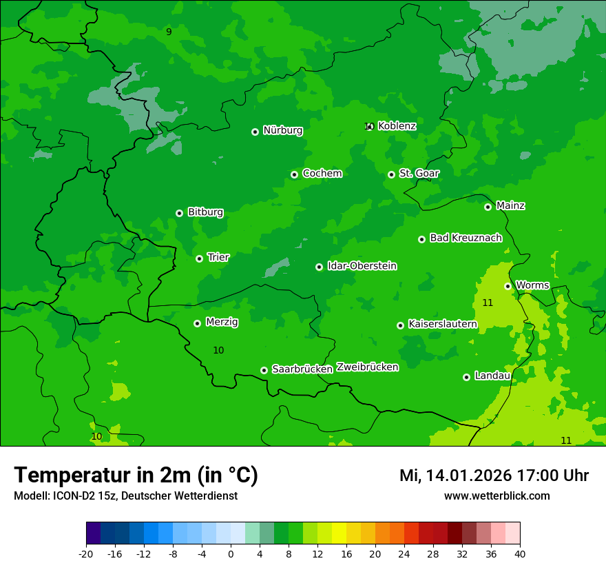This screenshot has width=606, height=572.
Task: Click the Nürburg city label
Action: click(x=282, y=130)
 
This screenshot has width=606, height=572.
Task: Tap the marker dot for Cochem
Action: click(x=294, y=174)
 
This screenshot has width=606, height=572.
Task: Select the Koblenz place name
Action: click(x=397, y=125)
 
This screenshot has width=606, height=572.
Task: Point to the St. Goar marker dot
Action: click(x=391, y=174)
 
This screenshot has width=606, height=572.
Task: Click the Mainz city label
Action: click(x=510, y=205)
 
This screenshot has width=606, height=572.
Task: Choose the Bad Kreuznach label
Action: click(x=466, y=238)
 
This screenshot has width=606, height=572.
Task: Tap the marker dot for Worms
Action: click(x=508, y=286)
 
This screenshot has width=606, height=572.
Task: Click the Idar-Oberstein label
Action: click(x=362, y=265)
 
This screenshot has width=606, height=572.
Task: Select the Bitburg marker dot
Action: click(x=179, y=213)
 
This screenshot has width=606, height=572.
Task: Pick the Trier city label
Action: click(x=218, y=257)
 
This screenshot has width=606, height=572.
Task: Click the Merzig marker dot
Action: click(x=197, y=323)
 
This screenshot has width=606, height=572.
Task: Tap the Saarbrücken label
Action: click(x=302, y=369)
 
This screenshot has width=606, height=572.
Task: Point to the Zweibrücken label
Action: click(x=367, y=367)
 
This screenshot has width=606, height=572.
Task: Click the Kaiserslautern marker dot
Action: click(x=400, y=325)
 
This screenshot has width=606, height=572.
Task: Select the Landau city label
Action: click(x=492, y=376)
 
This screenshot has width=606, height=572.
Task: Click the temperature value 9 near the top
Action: click(x=169, y=32)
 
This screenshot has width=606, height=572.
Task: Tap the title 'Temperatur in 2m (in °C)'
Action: click(x=136, y=475)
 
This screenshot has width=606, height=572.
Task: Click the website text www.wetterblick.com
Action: click(x=497, y=496)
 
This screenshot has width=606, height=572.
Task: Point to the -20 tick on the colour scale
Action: click(x=86, y=553)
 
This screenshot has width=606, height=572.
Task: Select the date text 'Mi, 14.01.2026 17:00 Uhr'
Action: click(x=494, y=476)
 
